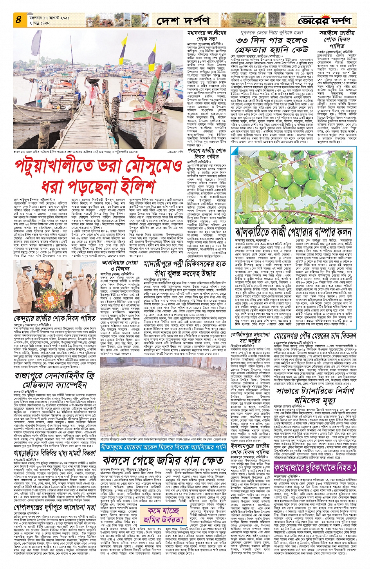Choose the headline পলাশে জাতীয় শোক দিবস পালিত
(x=212, y=153)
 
